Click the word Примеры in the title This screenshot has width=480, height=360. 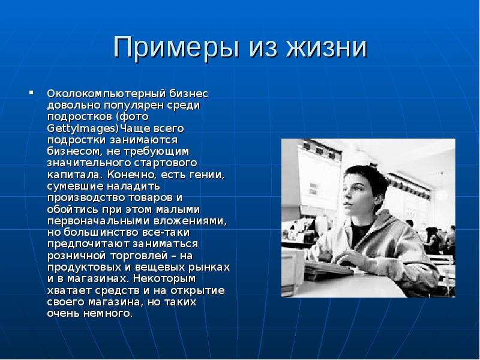click(176, 48)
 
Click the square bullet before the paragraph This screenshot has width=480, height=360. click(31, 92)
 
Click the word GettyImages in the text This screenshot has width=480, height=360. click(82, 128)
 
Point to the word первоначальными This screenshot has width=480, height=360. click(98, 221)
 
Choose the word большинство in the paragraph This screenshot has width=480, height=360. click(101, 232)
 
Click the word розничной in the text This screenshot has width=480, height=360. click(77, 256)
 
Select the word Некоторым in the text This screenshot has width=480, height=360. click(164, 279)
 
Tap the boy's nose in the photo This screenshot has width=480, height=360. click(345, 197)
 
